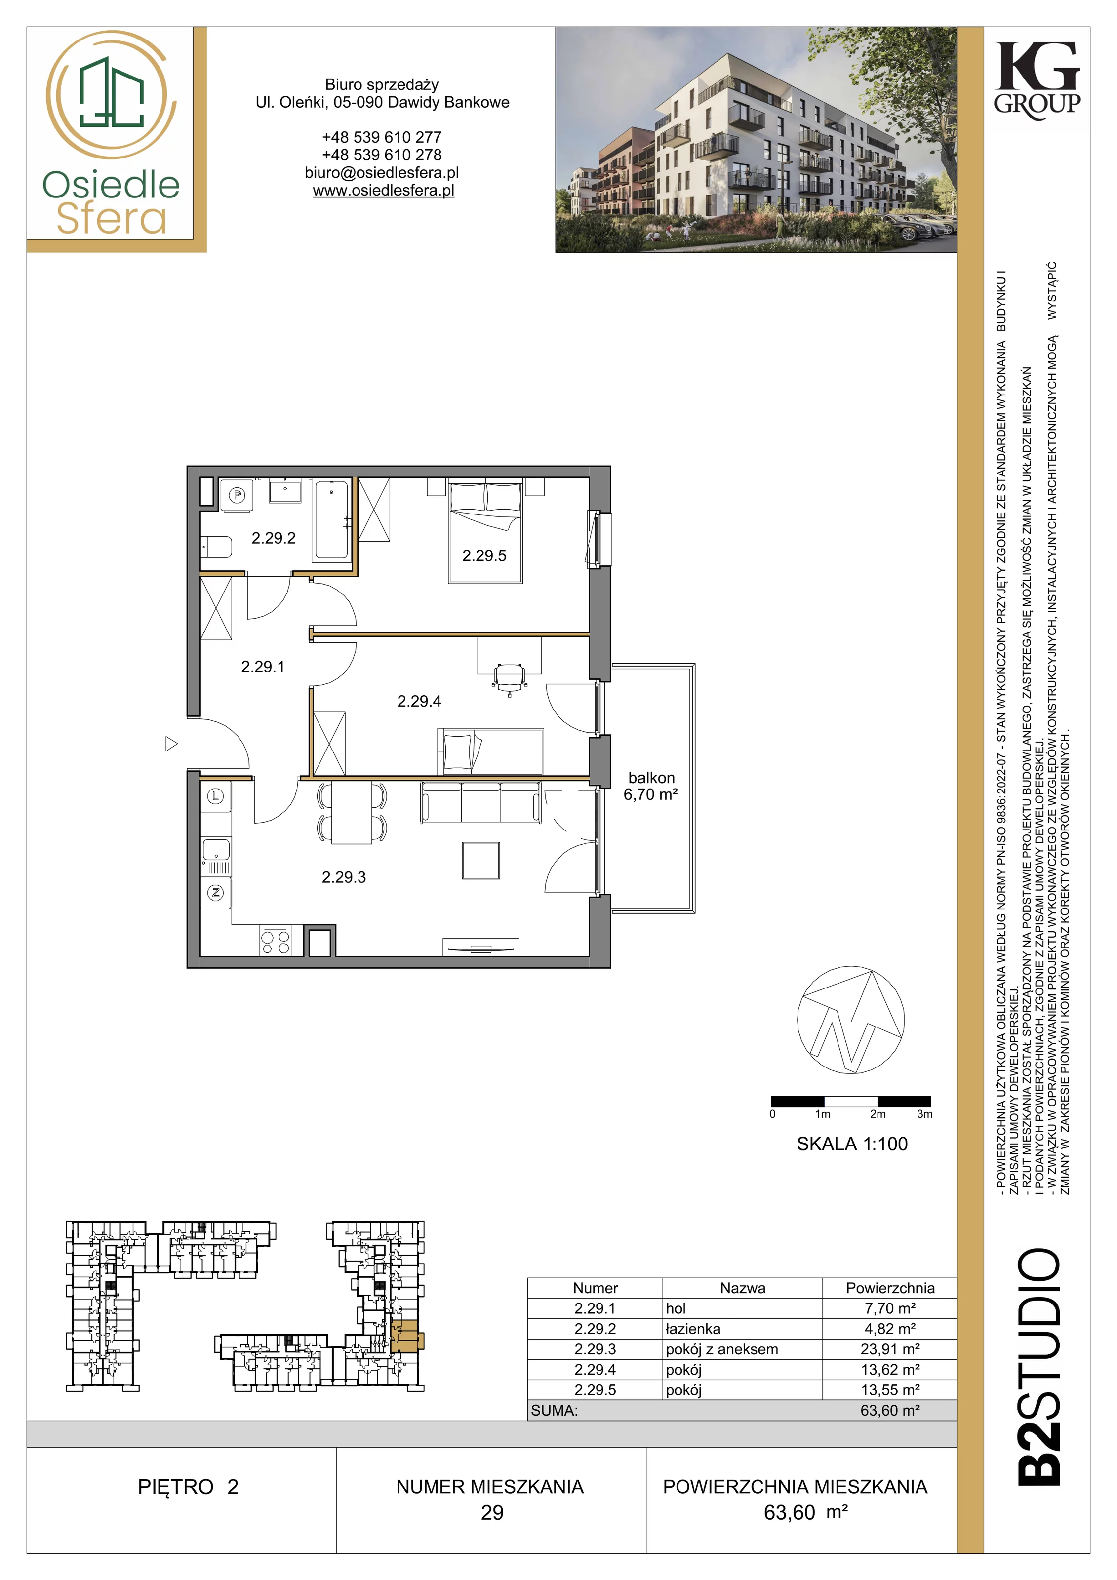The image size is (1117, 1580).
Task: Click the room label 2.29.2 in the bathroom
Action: point(273,538)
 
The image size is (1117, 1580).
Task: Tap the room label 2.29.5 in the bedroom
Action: point(484,556)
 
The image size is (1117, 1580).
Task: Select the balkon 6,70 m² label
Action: point(651,787)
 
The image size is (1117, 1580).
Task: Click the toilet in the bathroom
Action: point(216,547)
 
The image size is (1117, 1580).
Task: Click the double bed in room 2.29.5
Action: point(485,533)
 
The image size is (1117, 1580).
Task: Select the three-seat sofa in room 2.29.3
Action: point(480,802)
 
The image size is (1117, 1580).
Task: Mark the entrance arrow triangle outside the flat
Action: point(171,744)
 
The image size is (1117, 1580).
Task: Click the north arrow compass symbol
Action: point(851,1021)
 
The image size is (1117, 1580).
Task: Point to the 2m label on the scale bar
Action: point(878,1114)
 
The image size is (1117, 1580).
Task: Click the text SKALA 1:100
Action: point(852,1144)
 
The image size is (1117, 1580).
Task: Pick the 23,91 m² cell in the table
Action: point(890,1349)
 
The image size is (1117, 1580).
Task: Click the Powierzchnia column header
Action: point(890,1288)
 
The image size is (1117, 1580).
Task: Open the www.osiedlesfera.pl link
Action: point(383,191)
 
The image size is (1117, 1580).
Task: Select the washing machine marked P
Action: point(237,495)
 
